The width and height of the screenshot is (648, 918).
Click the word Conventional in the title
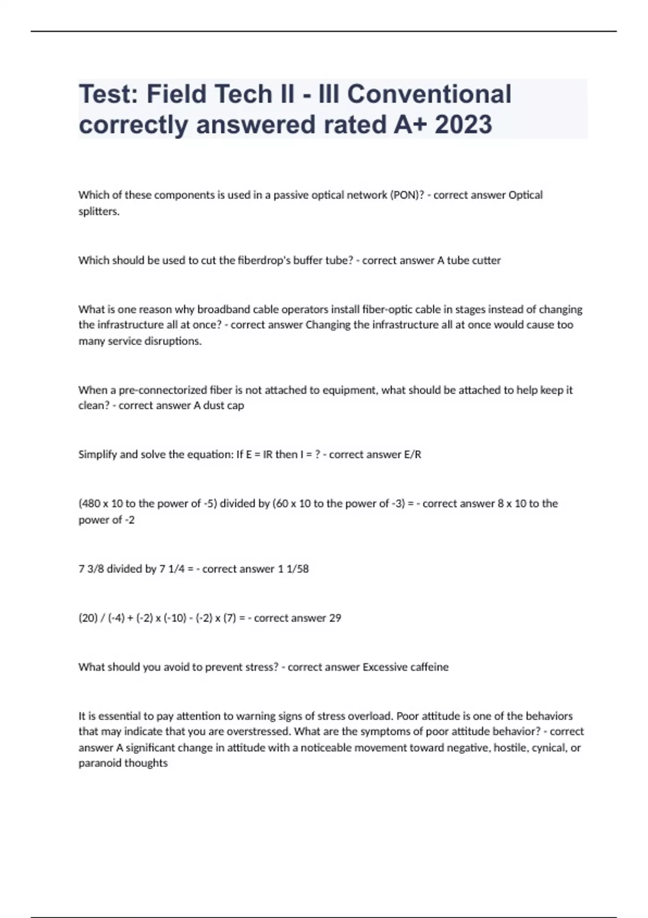(x=429, y=94)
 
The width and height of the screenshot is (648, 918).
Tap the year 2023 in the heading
(x=463, y=125)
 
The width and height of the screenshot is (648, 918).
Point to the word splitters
(x=99, y=211)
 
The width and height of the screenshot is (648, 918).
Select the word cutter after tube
(x=487, y=260)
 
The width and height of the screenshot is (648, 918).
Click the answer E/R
(x=412, y=455)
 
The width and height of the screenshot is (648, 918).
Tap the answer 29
(x=335, y=618)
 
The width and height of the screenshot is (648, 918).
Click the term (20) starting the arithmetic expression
(x=87, y=618)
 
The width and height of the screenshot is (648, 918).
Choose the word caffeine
(x=429, y=667)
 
